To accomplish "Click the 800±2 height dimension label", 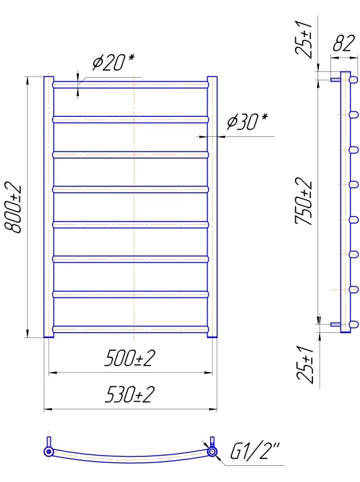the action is pos(13,209).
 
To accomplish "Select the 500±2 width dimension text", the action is pos(129,358).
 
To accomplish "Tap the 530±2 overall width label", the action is pos(129,395).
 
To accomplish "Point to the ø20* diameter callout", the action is pos(113,62).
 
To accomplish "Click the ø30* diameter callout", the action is pos(247,121).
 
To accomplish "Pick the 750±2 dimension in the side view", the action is pos(303,202).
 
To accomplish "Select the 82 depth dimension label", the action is pos(344,43).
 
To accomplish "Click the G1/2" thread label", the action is pos(255,451).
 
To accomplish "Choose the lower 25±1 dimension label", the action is pos(305,364).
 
